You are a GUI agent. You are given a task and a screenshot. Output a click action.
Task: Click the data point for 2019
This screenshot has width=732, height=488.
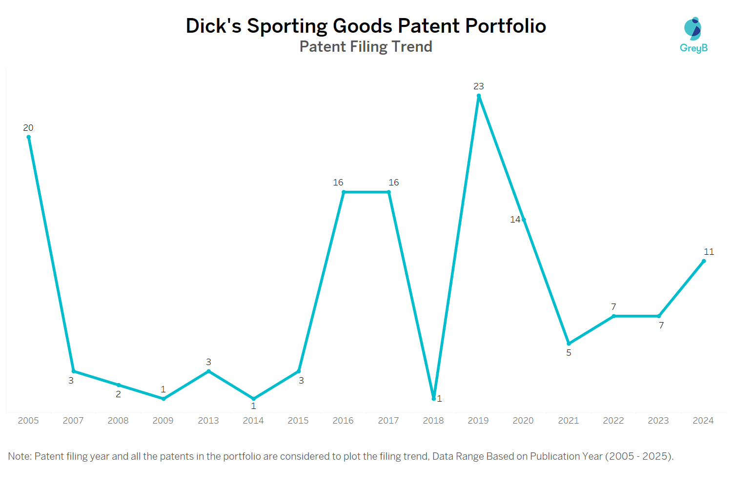click(479, 96)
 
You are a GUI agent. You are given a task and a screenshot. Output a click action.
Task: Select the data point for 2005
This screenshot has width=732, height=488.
click(28, 137)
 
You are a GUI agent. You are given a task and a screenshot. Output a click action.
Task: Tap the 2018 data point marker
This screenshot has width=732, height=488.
click(434, 399)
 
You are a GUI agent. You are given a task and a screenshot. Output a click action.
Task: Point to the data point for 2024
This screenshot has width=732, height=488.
click(704, 261)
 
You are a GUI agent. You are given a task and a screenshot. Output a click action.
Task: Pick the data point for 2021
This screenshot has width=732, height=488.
click(569, 344)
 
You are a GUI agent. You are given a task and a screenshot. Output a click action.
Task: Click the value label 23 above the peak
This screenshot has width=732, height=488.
click(479, 86)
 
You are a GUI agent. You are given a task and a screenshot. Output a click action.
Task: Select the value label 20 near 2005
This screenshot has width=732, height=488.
click(28, 128)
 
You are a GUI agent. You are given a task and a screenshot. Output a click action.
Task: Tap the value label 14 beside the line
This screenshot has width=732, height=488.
click(515, 220)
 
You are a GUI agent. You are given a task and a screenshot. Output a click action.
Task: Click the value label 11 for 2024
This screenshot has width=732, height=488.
click(709, 252)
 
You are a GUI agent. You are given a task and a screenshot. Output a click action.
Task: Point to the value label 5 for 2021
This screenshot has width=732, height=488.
click(569, 353)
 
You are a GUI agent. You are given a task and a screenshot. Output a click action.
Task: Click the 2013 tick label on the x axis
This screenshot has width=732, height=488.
click(208, 421)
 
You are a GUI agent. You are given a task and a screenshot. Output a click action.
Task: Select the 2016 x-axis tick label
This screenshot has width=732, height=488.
click(343, 421)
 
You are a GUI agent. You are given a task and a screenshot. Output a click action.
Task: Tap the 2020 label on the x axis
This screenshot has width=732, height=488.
click(523, 421)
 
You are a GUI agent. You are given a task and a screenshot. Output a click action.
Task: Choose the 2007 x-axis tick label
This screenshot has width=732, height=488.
click(73, 421)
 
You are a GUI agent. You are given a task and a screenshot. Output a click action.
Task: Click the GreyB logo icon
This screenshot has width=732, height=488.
click(693, 30)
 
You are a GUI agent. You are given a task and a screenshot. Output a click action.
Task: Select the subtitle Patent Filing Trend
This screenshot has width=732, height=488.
click(366, 46)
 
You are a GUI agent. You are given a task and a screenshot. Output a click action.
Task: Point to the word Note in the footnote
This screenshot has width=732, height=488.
click(19, 456)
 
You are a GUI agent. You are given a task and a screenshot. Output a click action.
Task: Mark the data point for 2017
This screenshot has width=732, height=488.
click(389, 192)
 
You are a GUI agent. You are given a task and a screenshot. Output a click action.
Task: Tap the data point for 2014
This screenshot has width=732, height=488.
click(253, 399)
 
